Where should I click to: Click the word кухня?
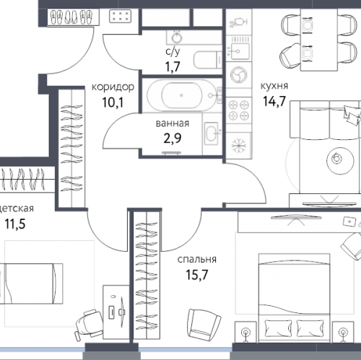click(x=274, y=86)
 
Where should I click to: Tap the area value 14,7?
click(x=274, y=101)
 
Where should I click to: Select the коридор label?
click(x=113, y=87)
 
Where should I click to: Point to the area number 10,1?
click(x=113, y=102)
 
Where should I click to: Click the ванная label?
click(x=173, y=123)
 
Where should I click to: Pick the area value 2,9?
click(x=173, y=139)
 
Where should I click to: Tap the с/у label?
click(x=173, y=51)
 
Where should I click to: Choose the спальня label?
click(x=197, y=259)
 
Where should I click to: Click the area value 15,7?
click(x=196, y=275)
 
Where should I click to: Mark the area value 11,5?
click(x=15, y=224)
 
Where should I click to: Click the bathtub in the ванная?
click(x=182, y=95)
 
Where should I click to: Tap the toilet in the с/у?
click(x=207, y=60)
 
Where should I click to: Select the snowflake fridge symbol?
click(x=238, y=146)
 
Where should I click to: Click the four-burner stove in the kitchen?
click(x=238, y=110)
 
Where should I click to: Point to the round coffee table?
click(x=340, y=160)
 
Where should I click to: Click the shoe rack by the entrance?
click(x=73, y=17)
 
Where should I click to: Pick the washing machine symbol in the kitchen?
click(x=238, y=75)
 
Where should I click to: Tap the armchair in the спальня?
click(x=204, y=324)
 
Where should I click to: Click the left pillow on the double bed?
click(x=278, y=328)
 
